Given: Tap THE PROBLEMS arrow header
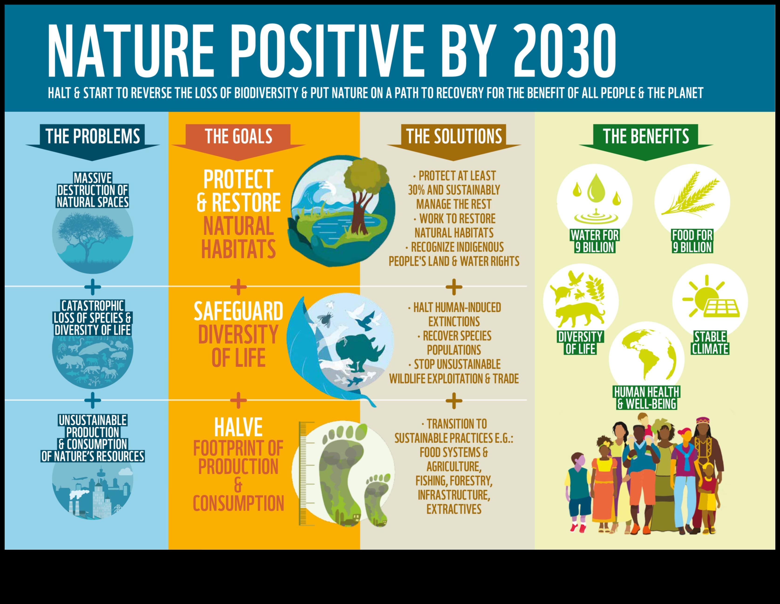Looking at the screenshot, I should (x=92, y=137).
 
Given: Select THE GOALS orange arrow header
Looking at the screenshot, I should (x=238, y=137).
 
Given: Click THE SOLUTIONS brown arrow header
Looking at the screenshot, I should (x=454, y=137).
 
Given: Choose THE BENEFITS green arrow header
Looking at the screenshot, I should (x=646, y=137).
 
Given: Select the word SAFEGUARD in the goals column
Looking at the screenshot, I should (x=238, y=312).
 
